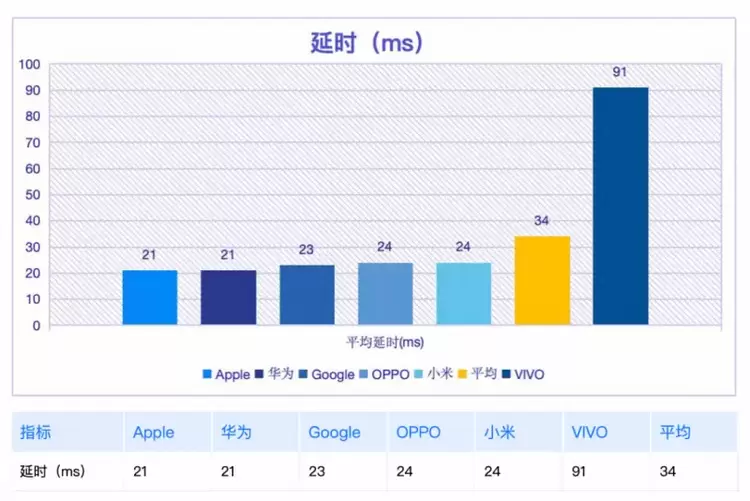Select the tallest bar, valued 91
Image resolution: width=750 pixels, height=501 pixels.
pos(620,206)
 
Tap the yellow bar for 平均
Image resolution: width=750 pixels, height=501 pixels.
pos(542,280)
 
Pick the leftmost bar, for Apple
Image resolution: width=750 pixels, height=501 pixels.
pos(150,297)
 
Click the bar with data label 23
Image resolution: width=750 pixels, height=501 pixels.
pos(307,295)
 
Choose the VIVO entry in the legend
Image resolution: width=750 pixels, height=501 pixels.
pos(524,374)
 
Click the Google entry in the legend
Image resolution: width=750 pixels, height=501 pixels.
pos(326,374)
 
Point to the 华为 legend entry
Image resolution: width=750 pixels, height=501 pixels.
pos(273,374)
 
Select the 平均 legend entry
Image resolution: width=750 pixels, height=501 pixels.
pos(477,374)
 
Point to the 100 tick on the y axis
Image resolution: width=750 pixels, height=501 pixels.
pos(29,65)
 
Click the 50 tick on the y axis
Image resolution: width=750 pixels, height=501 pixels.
pos(32,195)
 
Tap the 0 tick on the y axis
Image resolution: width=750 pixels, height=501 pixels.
pos(36,325)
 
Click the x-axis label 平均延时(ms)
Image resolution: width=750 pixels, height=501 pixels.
pos(385,342)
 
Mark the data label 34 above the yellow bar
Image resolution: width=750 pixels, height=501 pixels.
pos(542,221)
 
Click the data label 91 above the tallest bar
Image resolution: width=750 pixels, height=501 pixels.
pos(620,72)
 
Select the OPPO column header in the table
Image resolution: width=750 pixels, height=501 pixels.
pos(417,432)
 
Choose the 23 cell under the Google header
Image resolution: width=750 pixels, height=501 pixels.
pos(316,470)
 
